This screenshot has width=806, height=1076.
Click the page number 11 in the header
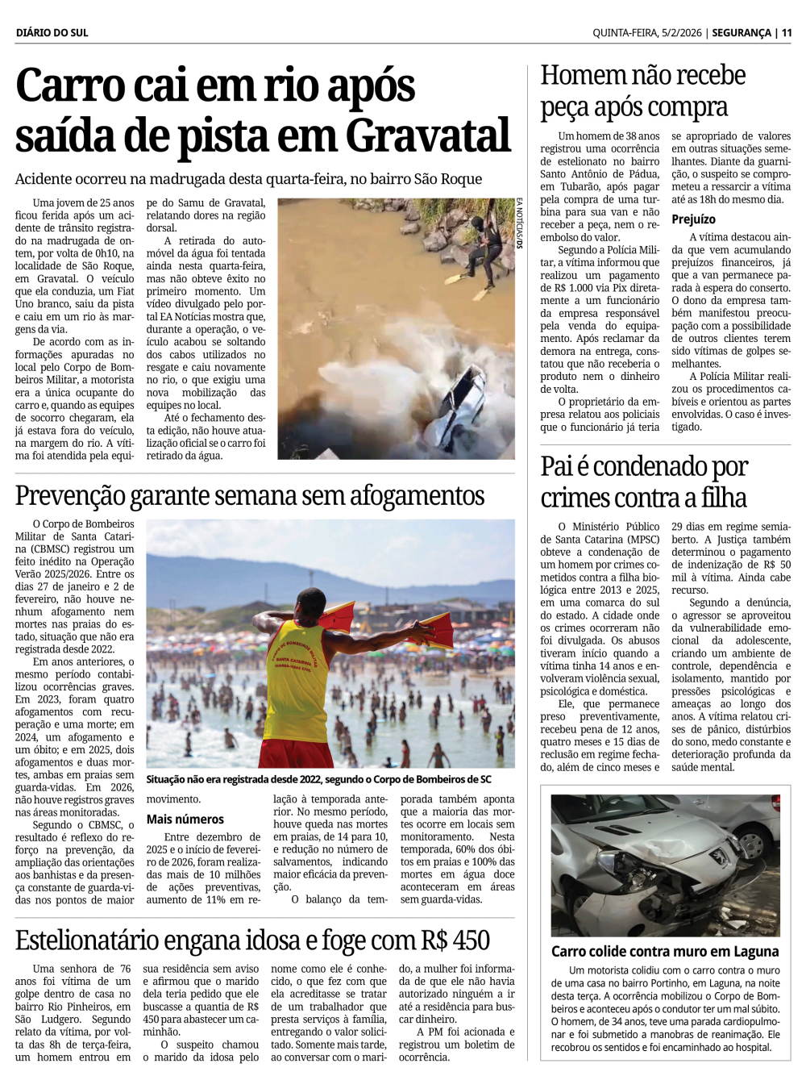click(x=786, y=33)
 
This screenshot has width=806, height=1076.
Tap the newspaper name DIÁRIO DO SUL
click(x=52, y=33)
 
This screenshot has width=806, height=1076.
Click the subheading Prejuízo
click(x=693, y=219)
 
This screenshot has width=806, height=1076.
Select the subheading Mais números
click(x=185, y=820)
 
